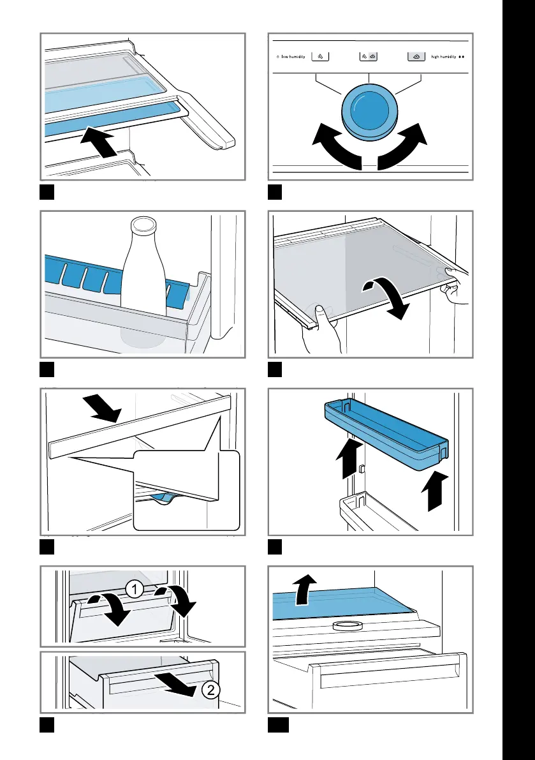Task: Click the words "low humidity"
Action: (x=293, y=57)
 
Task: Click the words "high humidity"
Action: (x=443, y=57)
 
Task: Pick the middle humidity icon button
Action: (x=369, y=57)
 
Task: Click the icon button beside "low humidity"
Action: (x=320, y=57)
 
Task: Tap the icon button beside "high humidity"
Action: (x=416, y=57)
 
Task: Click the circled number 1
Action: (x=134, y=590)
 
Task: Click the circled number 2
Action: (x=210, y=689)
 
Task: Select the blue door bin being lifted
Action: (x=386, y=434)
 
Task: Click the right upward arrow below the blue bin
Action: (x=434, y=491)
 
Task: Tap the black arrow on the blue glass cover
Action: (x=305, y=589)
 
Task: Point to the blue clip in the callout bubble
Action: (x=163, y=497)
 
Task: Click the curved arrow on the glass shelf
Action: (x=387, y=297)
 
